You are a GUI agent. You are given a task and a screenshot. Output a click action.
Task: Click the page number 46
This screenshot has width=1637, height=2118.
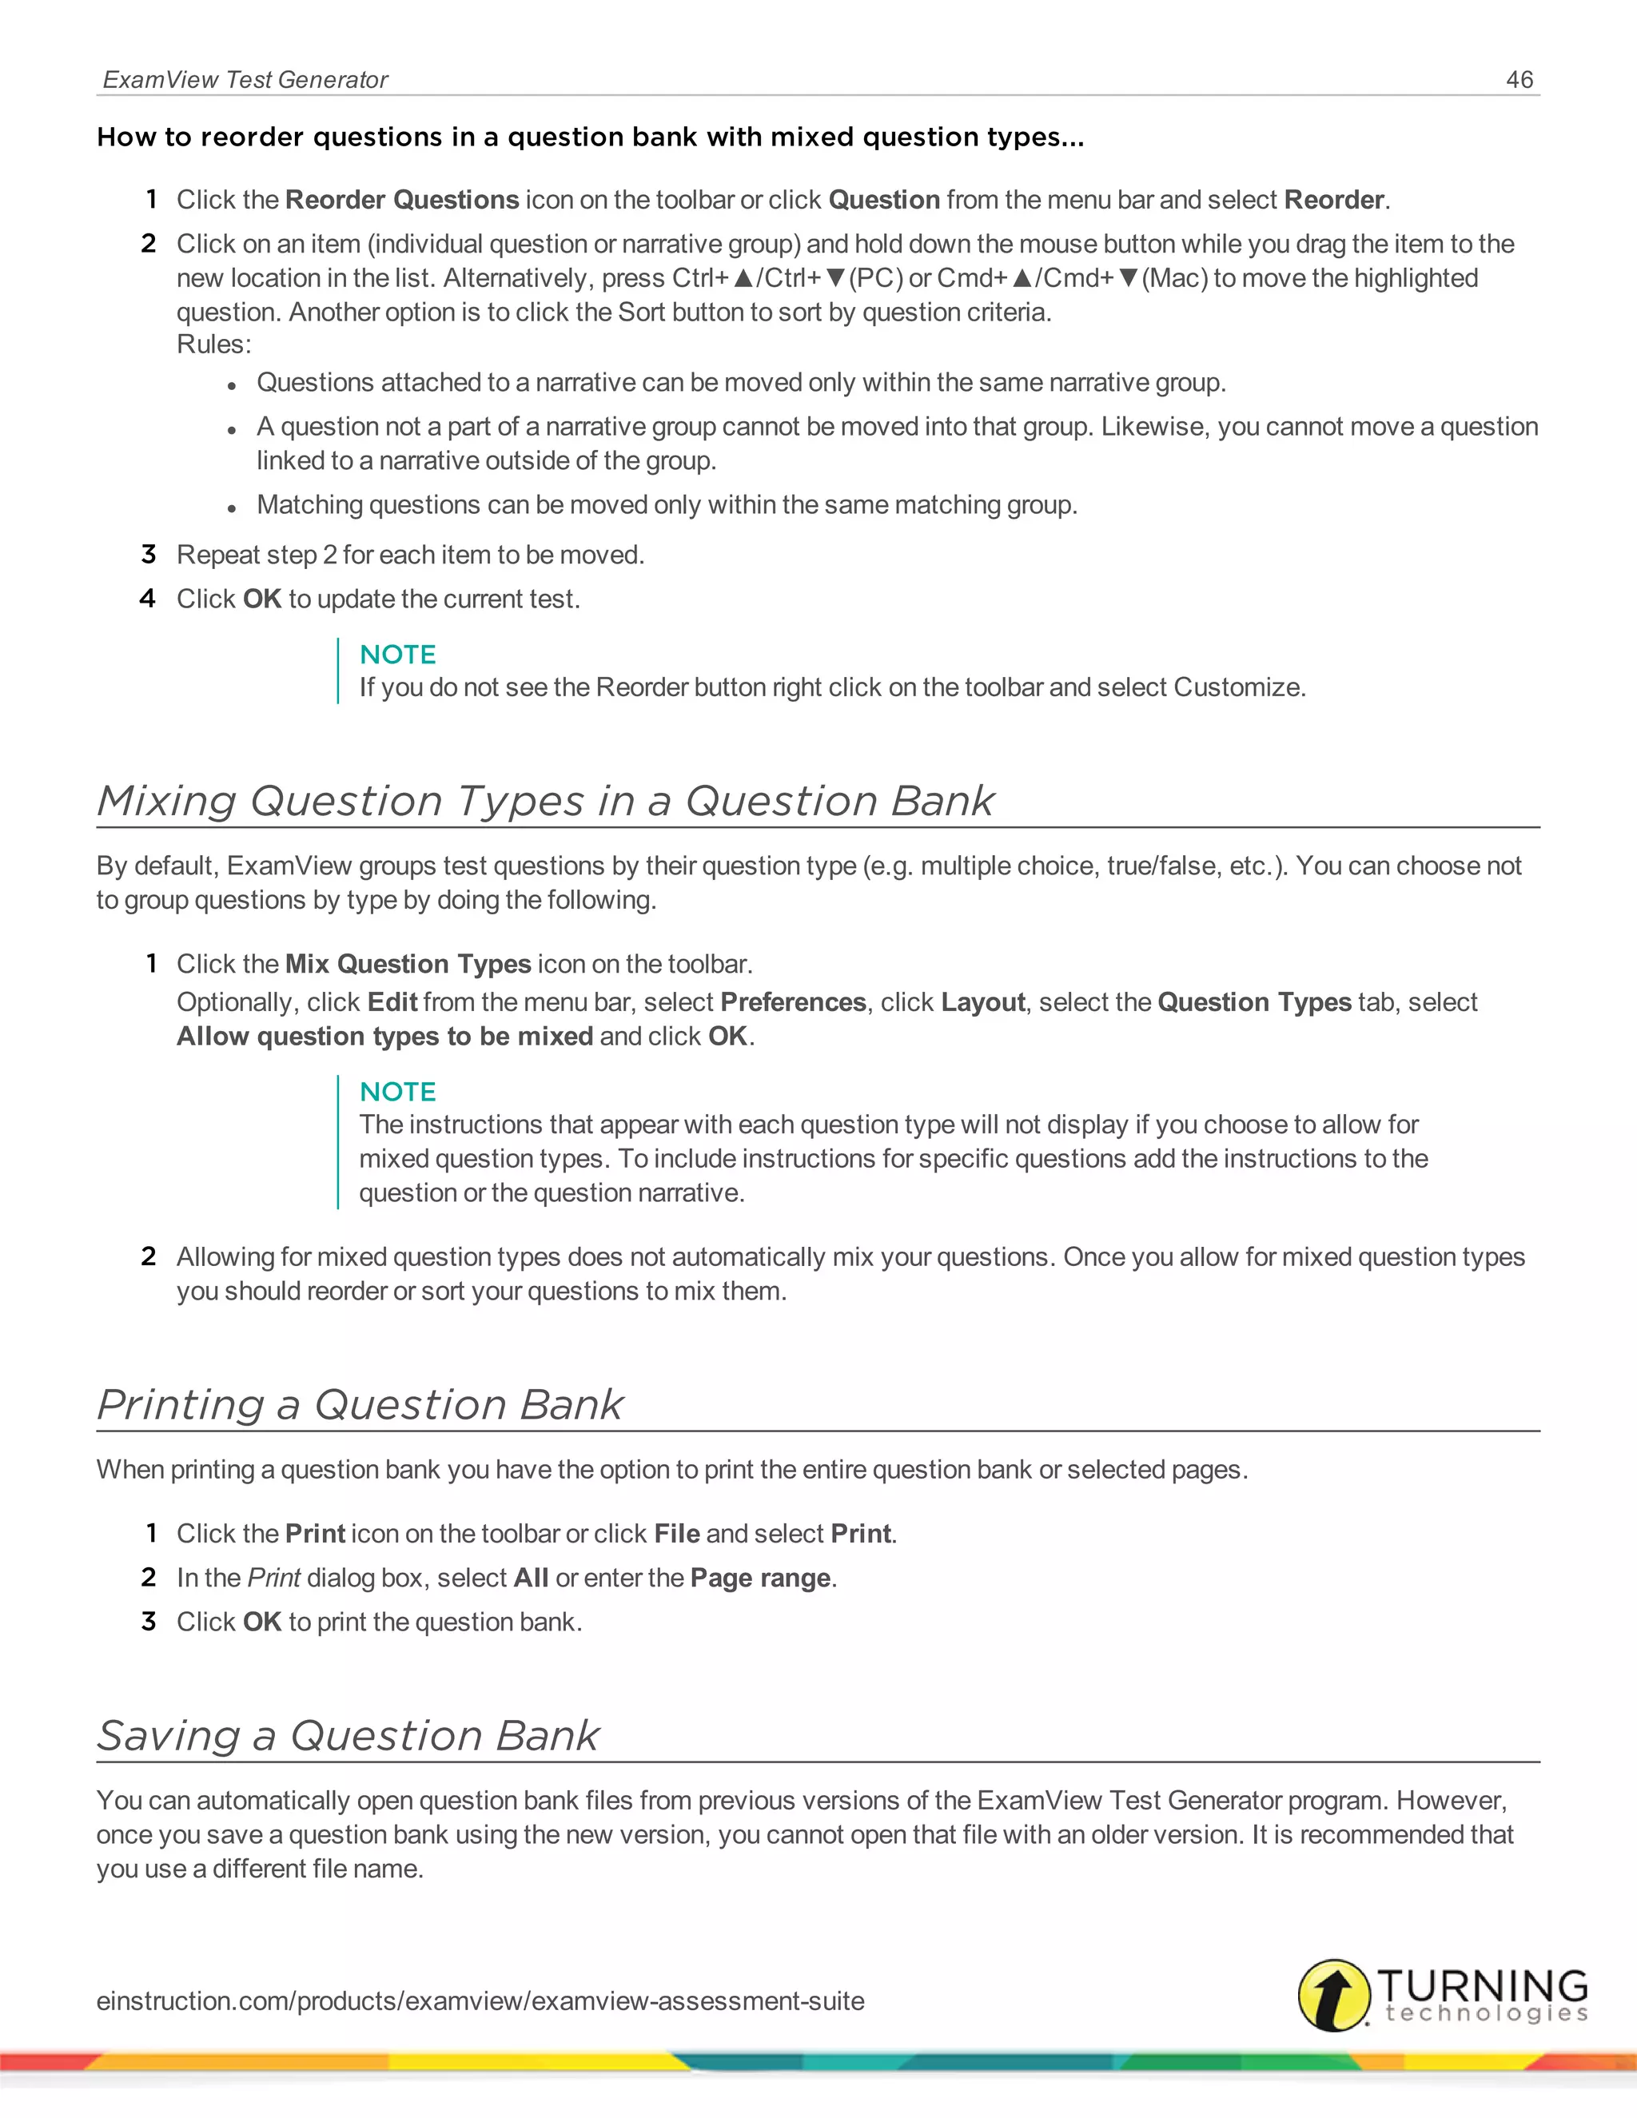click(1519, 79)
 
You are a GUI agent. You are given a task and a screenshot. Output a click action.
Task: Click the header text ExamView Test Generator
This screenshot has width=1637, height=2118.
click(245, 79)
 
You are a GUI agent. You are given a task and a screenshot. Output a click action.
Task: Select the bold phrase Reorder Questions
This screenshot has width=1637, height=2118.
click(401, 200)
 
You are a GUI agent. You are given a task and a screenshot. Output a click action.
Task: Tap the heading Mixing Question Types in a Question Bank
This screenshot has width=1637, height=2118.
click(545, 801)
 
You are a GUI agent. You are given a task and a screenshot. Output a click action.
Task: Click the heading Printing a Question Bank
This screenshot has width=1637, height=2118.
click(360, 1404)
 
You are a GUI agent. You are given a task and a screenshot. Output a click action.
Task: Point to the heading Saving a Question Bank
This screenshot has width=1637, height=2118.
click(349, 1735)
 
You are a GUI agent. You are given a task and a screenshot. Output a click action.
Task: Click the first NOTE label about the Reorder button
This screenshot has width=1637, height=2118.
click(397, 655)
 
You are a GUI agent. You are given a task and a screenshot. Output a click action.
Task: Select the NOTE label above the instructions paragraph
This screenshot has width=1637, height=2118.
click(397, 1092)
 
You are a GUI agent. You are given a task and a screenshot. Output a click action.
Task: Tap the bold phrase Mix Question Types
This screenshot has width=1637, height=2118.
click(408, 964)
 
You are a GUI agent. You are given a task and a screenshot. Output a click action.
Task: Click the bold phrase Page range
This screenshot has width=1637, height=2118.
click(760, 1578)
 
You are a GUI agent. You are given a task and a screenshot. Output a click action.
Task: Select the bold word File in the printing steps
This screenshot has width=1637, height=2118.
click(676, 1533)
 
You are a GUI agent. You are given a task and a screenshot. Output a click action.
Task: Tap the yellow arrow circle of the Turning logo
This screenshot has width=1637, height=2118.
click(1334, 1995)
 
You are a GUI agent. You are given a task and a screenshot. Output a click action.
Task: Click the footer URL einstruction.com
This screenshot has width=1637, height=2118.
click(480, 2001)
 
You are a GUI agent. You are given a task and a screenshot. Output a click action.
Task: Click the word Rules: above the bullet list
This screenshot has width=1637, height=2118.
click(213, 344)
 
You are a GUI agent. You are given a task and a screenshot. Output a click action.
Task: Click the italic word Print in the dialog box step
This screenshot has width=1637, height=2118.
click(273, 1578)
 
